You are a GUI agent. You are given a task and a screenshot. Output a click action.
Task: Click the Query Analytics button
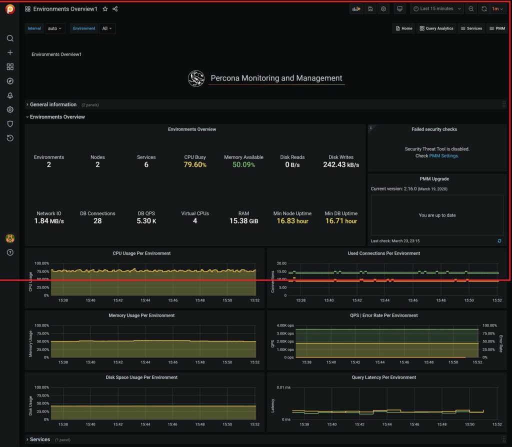pyautogui.click(x=436, y=28)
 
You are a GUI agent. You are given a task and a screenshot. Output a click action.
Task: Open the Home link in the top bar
pyautogui.click(x=403, y=28)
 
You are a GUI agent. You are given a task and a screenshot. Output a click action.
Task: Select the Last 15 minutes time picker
pyautogui.click(x=436, y=9)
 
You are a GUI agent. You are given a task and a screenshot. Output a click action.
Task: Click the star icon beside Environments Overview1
pyautogui.click(x=105, y=9)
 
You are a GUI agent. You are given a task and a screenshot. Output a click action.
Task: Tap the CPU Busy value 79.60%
pyautogui.click(x=195, y=164)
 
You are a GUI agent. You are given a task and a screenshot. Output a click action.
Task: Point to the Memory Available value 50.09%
pyautogui.click(x=243, y=164)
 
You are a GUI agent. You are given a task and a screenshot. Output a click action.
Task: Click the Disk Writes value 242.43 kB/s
pyautogui.click(x=341, y=164)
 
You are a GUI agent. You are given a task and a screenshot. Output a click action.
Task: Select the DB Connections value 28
pyautogui.click(x=97, y=221)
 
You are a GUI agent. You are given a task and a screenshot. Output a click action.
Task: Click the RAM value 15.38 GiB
pyautogui.click(x=243, y=221)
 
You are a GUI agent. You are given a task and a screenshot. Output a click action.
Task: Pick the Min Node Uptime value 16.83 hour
pyautogui.click(x=292, y=221)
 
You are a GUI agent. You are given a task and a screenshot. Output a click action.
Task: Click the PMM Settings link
pyautogui.click(x=443, y=156)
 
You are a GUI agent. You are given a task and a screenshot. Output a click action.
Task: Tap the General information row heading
pyautogui.click(x=53, y=104)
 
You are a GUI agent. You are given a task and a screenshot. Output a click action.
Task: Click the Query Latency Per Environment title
pyautogui.click(x=383, y=377)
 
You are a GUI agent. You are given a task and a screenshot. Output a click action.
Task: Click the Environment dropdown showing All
pyautogui.click(x=107, y=28)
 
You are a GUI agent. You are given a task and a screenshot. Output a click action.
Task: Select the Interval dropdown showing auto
pyautogui.click(x=55, y=28)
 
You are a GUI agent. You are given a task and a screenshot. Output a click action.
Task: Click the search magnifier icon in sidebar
pyautogui.click(x=10, y=38)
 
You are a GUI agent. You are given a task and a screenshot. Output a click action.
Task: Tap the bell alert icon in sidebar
pyautogui.click(x=10, y=95)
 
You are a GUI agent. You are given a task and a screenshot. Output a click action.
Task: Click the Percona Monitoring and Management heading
pyautogui.click(x=276, y=78)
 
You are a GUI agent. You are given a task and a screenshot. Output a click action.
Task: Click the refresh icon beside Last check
pyautogui.click(x=499, y=241)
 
